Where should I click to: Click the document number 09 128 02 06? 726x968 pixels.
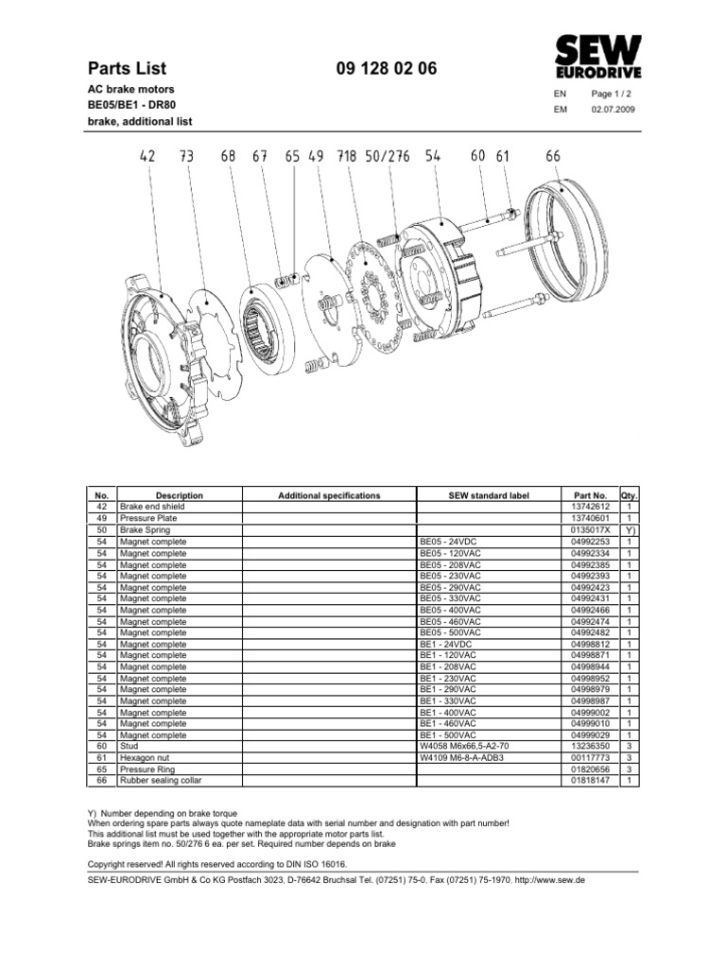coord(386,68)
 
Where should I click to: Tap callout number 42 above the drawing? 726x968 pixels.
coord(147,158)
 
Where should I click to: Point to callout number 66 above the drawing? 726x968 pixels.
coord(553,157)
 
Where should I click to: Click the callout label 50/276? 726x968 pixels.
coord(387,158)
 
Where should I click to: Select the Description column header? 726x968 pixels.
coord(179,495)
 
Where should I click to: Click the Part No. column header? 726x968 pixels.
coord(590,495)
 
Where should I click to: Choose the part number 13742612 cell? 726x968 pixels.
coord(590,507)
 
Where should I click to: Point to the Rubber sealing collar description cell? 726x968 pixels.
coord(161,781)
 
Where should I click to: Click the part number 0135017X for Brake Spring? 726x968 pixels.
coord(590,530)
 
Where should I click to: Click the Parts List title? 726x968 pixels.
coord(127,68)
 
